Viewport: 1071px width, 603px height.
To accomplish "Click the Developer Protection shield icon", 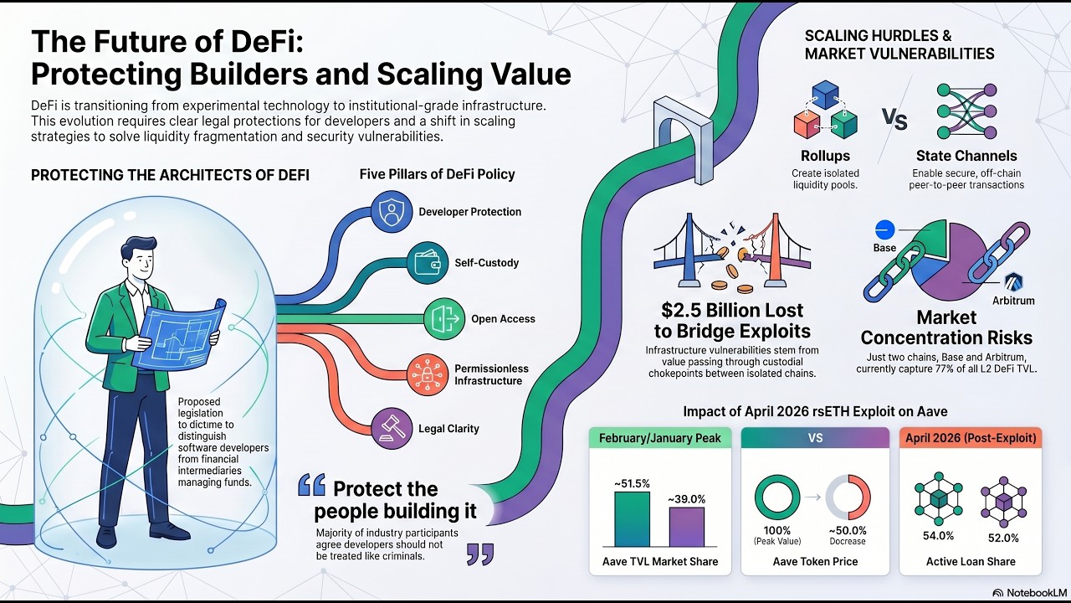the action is [x=392, y=212].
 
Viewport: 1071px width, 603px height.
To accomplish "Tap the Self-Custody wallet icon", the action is [x=428, y=262].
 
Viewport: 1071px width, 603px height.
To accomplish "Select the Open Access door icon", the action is [x=444, y=319].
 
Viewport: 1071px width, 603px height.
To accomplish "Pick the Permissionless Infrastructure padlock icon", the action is [x=428, y=374].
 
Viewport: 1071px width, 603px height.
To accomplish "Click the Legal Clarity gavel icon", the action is [x=392, y=428].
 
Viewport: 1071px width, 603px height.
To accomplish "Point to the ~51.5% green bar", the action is [x=632, y=519].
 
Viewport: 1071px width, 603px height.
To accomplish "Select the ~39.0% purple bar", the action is [x=687, y=527].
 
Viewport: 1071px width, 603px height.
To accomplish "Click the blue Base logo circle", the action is [x=884, y=230].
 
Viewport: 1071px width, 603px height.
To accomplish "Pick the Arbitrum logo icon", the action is [x=1013, y=282].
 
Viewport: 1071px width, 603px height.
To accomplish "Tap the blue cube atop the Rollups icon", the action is [x=825, y=95].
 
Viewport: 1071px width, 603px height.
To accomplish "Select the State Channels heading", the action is [x=966, y=156].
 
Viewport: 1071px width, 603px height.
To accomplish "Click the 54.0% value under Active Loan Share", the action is [x=938, y=535].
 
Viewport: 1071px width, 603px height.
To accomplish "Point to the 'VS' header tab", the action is [x=815, y=438].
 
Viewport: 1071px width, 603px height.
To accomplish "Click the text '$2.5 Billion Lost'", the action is [x=732, y=310].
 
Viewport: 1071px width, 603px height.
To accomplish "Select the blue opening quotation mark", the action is [x=312, y=484].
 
